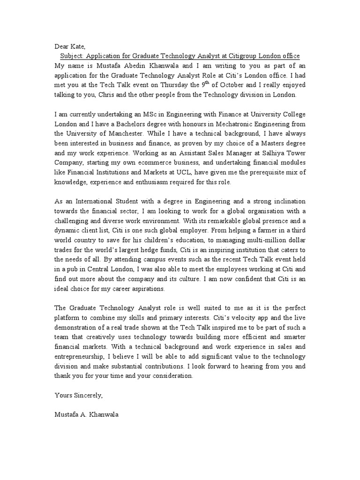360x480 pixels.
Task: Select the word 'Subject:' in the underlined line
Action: pyautogui.click(x=74, y=56)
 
